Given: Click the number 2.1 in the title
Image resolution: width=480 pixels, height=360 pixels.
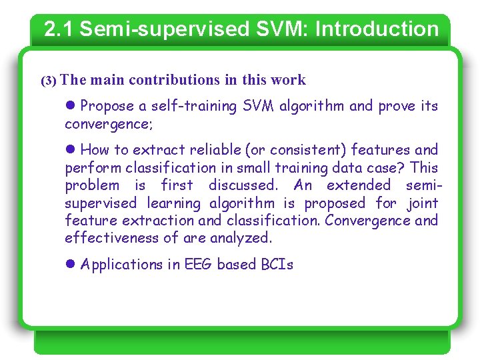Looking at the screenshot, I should (x=58, y=29).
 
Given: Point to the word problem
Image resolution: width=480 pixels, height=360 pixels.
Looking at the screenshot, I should (x=92, y=185).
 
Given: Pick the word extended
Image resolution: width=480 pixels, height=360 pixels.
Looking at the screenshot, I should (x=359, y=185).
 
